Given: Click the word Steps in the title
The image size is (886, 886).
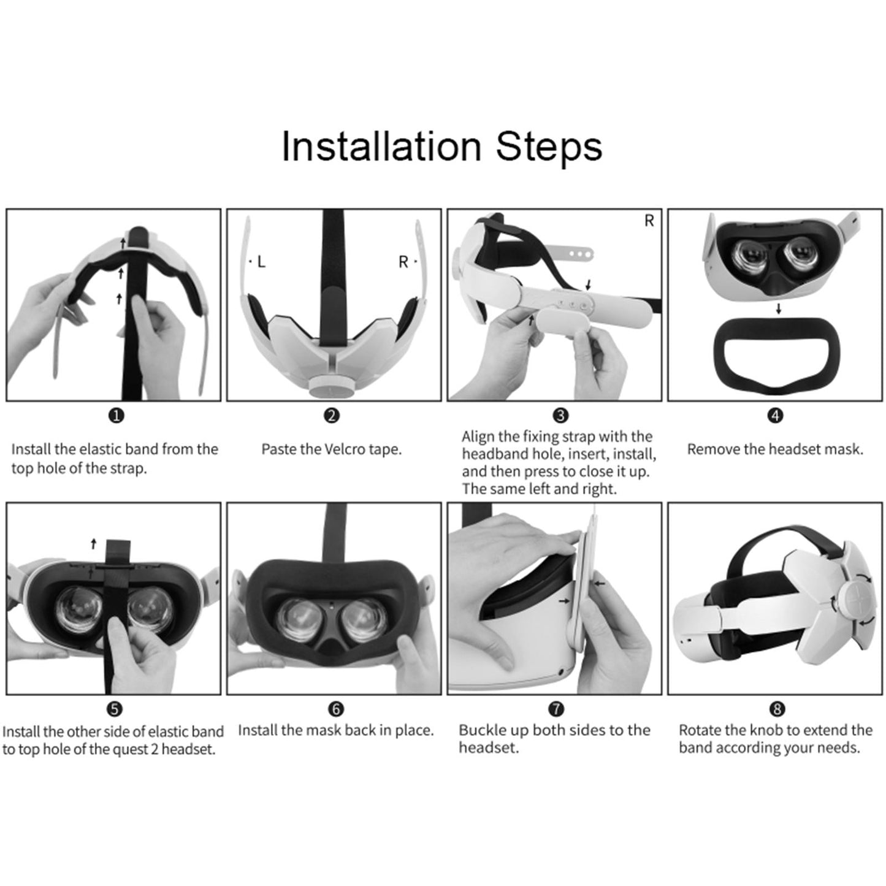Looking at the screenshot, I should coord(548,147).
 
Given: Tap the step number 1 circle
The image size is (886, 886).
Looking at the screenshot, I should coord(116,416).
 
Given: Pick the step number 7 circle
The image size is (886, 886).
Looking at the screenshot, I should coord(556,709).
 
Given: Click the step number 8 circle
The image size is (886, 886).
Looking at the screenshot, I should coord(776,709).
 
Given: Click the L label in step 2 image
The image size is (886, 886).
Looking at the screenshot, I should coord(261,262).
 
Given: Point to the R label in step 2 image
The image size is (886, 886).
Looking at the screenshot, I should coord(403,262).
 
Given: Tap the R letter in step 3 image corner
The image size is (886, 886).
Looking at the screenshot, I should coord(649,221).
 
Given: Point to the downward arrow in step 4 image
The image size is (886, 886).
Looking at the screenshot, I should coord(779,309).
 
